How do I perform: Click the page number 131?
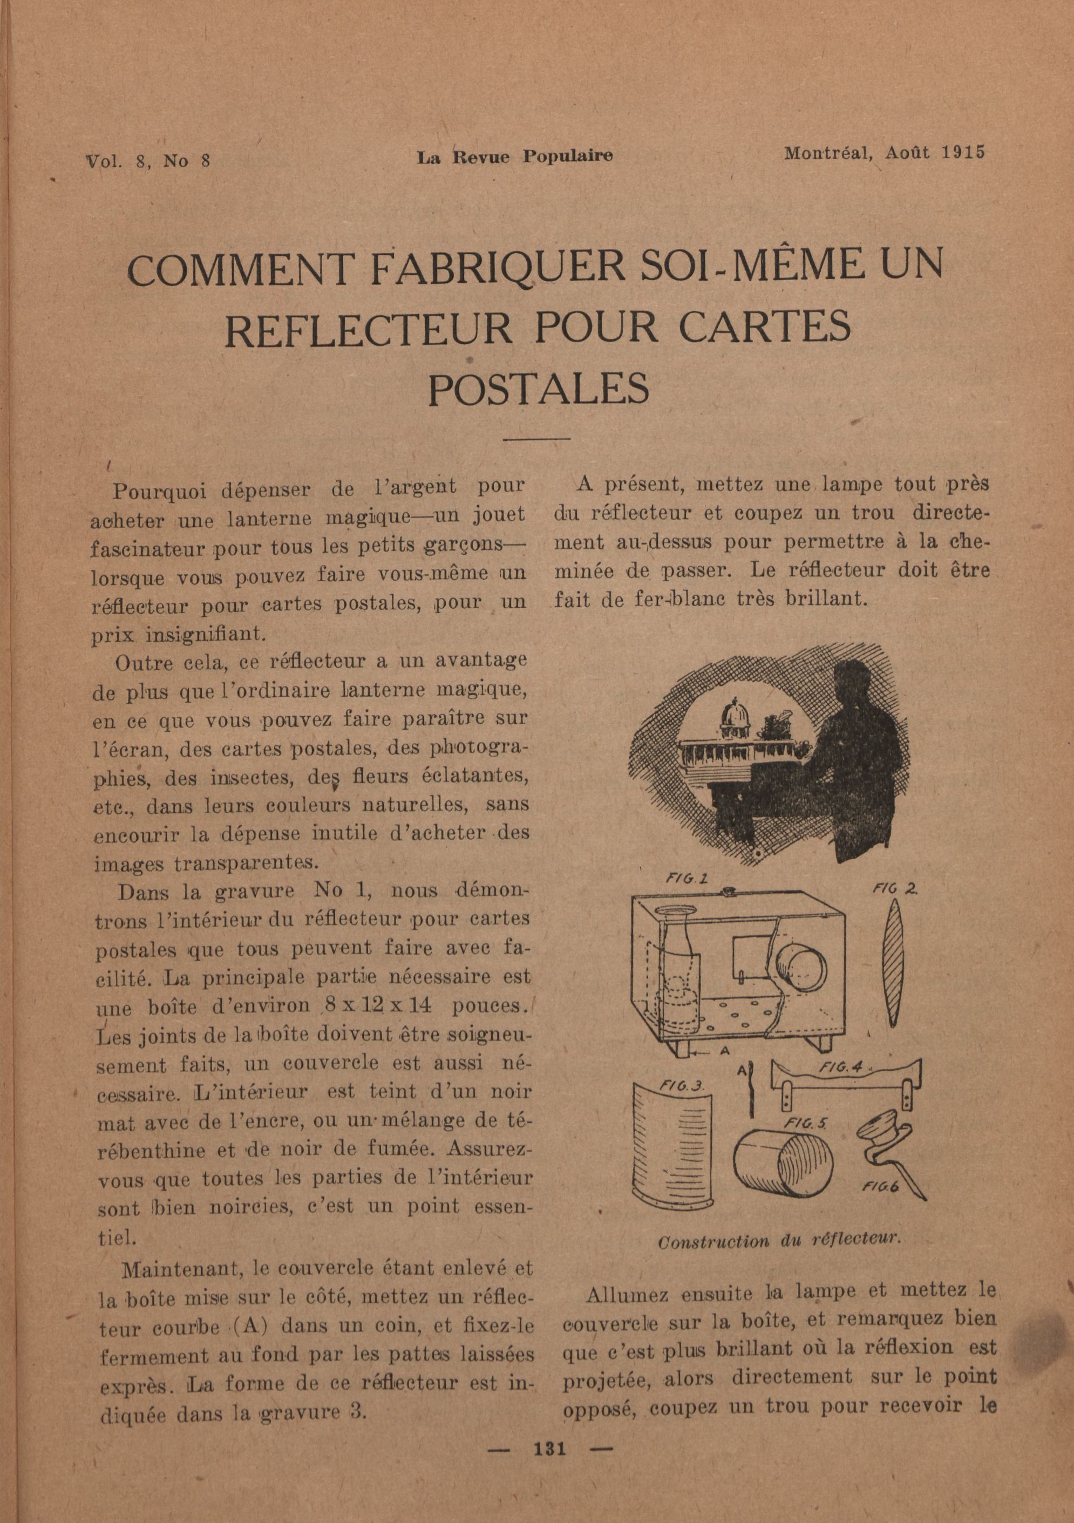[550, 1467]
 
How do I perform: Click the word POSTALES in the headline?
[538, 389]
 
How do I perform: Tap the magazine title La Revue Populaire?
[515, 157]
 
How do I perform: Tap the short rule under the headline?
[538, 438]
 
